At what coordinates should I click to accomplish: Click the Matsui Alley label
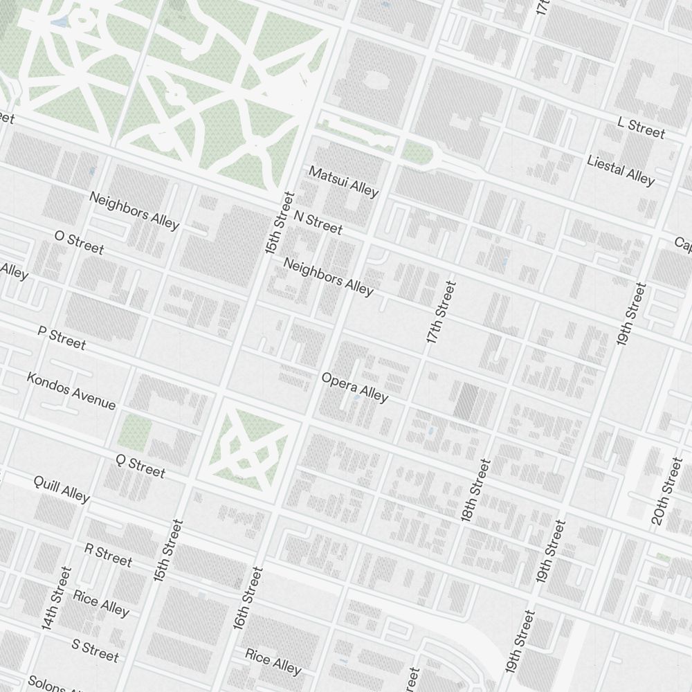[x=343, y=181]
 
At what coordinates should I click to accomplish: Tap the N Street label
[x=318, y=221]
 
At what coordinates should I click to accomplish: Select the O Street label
[x=79, y=242]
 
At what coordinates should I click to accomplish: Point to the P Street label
[x=62, y=338]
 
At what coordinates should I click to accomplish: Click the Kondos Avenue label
[x=71, y=390]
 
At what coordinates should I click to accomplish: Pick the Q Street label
[x=140, y=466]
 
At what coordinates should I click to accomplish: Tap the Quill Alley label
[x=62, y=489]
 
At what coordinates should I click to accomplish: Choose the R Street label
[x=107, y=554]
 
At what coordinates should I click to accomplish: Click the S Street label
[x=95, y=650]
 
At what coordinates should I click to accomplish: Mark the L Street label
[x=641, y=128]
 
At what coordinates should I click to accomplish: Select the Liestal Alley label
[x=620, y=170]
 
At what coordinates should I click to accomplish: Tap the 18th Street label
[x=476, y=490]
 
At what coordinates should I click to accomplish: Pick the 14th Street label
[x=56, y=598]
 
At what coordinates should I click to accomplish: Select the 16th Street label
[x=248, y=598]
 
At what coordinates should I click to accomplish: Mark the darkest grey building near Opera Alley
[x=466, y=399]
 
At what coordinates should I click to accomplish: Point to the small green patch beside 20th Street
[x=663, y=557]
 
